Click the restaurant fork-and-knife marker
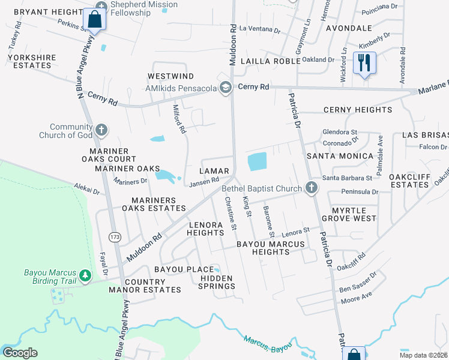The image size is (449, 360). point(364,62)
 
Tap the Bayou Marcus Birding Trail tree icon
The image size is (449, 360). point(85,275)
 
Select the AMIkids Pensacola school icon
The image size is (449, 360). point(226,88)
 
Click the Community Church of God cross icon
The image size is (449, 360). point(101,130)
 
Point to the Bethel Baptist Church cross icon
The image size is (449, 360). point(311,188)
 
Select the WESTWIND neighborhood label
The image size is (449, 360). point(171,76)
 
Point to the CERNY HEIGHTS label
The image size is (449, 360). point(358,110)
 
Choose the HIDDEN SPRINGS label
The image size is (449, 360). point(217,283)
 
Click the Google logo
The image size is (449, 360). point(20,353)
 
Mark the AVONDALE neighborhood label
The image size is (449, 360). point(349,28)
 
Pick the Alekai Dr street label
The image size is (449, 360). point(87,188)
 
